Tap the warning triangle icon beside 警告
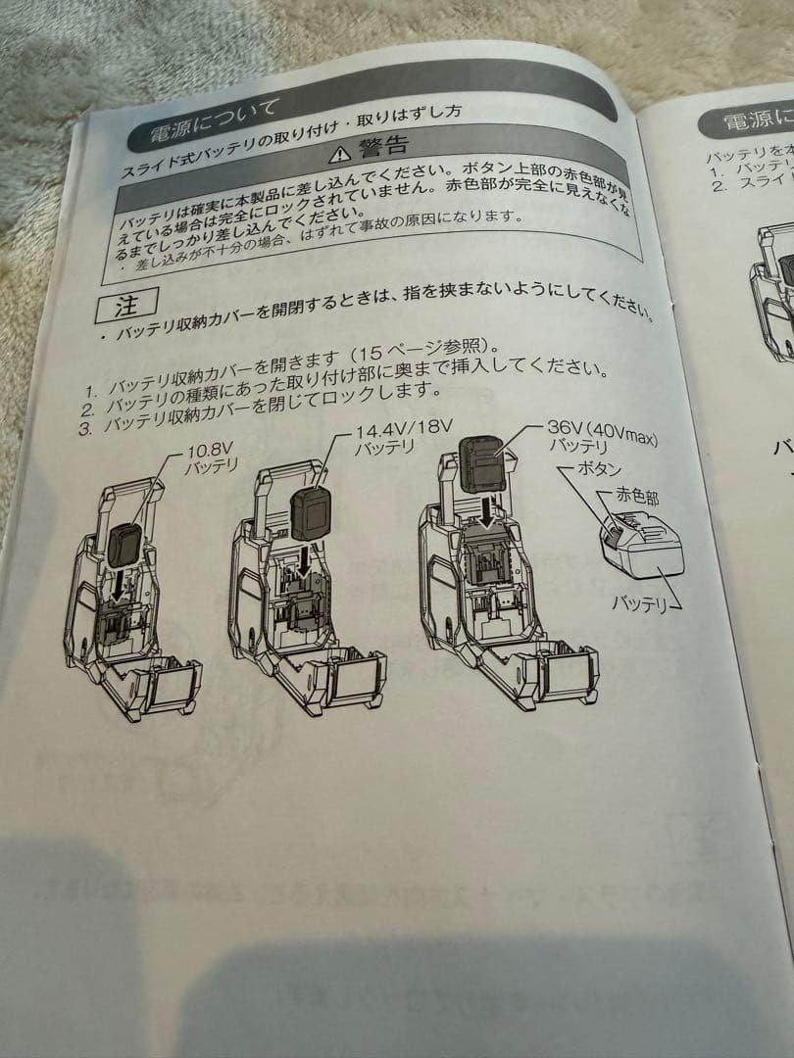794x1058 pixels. (x=339, y=154)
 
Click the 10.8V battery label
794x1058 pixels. (x=213, y=460)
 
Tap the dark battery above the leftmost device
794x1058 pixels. (x=127, y=544)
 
